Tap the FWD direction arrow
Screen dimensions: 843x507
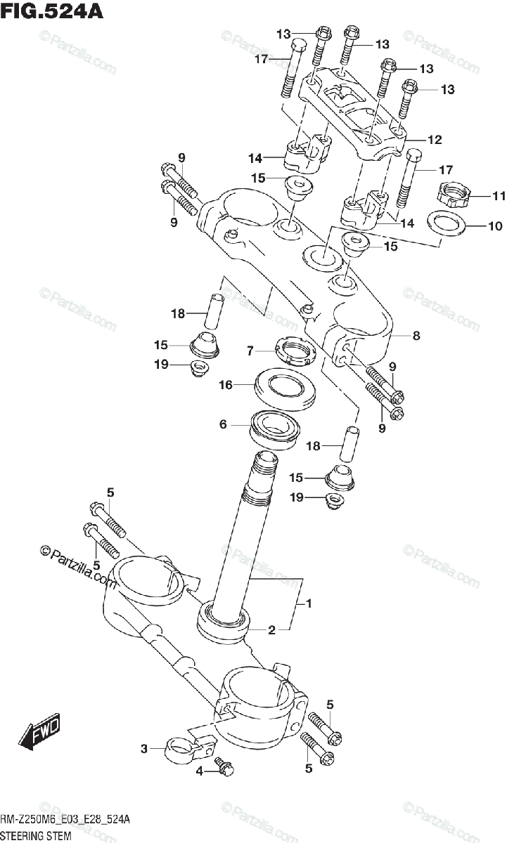click(41, 731)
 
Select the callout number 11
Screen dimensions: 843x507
click(479, 195)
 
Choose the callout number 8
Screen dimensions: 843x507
click(416, 336)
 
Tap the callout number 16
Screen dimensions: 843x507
click(225, 384)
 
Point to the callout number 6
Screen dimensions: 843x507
click(223, 424)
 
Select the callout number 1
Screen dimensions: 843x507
click(307, 603)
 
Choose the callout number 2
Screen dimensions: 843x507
click(271, 630)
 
